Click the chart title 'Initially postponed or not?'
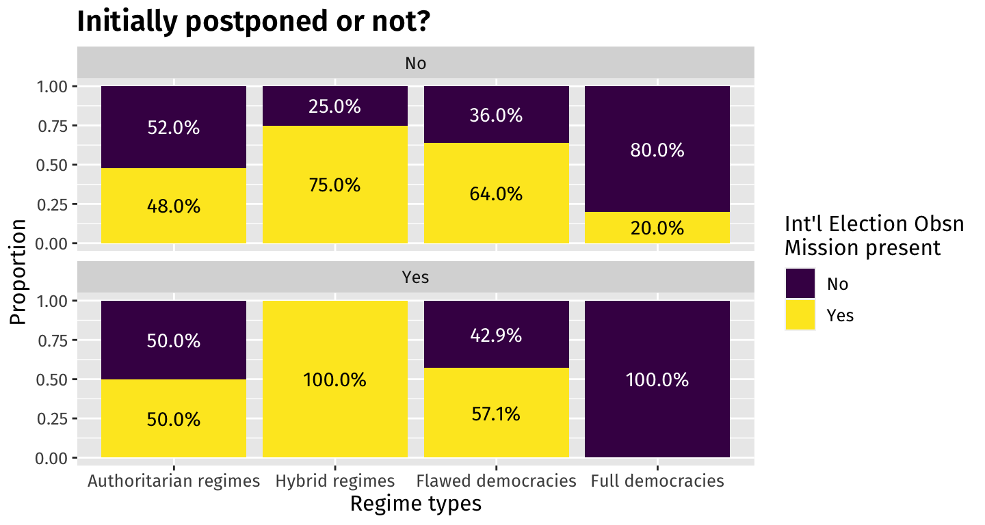[253, 22]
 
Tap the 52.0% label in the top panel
[174, 127]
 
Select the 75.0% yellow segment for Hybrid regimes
[335, 185]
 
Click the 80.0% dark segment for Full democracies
[657, 150]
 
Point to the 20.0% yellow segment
[657, 228]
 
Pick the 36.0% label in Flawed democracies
[496, 116]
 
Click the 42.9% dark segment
[496, 335]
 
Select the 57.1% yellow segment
[496, 413]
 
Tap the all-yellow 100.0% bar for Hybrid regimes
[335, 379]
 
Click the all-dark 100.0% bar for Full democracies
[657, 379]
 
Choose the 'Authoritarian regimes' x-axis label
[174, 481]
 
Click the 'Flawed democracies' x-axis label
[496, 481]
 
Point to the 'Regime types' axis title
[415, 504]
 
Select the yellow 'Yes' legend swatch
[800, 315]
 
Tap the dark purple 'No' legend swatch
[800, 284]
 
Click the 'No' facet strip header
[415, 64]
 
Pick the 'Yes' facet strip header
[415, 278]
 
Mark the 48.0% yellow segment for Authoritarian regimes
[174, 206]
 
